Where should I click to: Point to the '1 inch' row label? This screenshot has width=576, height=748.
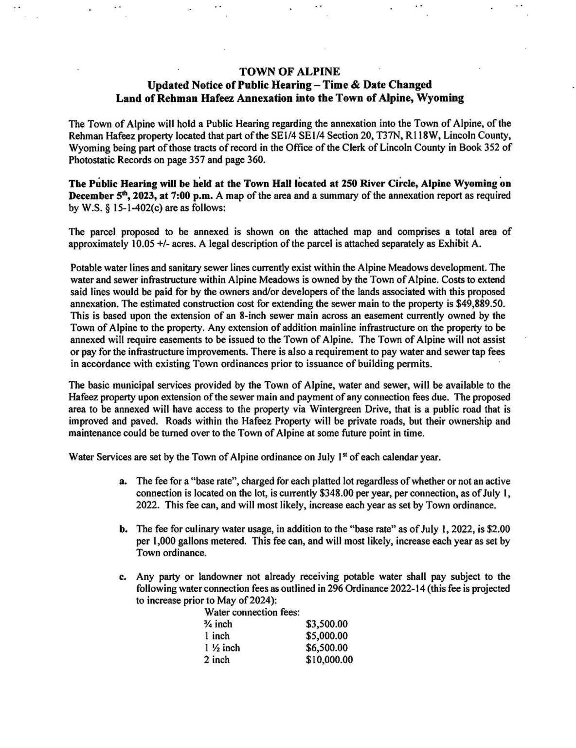point(217,636)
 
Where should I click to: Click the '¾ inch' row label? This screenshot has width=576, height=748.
point(218,624)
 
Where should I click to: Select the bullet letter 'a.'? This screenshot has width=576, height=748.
point(124,481)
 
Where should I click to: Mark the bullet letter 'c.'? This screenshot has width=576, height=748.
point(124,577)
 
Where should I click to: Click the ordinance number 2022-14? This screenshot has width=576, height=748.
point(397,588)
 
